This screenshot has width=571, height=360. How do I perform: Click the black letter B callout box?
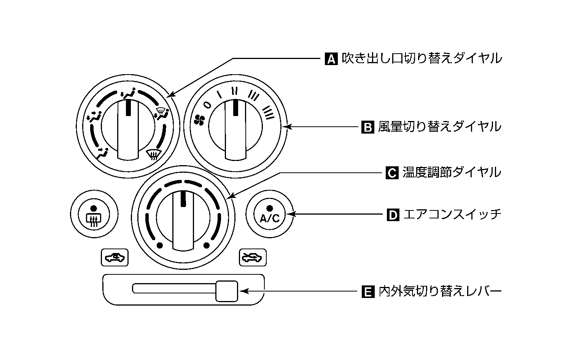point(367,127)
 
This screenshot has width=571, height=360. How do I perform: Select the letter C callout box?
point(392,173)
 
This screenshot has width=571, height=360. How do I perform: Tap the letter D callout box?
point(393,215)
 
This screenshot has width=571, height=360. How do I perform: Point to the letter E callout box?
point(367,292)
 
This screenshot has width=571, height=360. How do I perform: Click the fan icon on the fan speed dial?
point(199,120)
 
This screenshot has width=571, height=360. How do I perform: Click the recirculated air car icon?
point(115,258)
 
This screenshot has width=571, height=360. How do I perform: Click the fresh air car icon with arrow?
point(253,258)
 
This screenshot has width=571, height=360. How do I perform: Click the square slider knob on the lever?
point(226,291)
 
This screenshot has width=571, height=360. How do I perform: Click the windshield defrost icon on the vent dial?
point(154,155)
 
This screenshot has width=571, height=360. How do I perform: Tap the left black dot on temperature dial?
point(159,245)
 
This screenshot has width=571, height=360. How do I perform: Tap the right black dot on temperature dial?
point(207,245)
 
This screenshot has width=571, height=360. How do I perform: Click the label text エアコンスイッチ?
point(452,215)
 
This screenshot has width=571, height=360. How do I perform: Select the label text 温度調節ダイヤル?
point(452,173)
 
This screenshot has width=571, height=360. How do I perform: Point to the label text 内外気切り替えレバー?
point(440,292)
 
